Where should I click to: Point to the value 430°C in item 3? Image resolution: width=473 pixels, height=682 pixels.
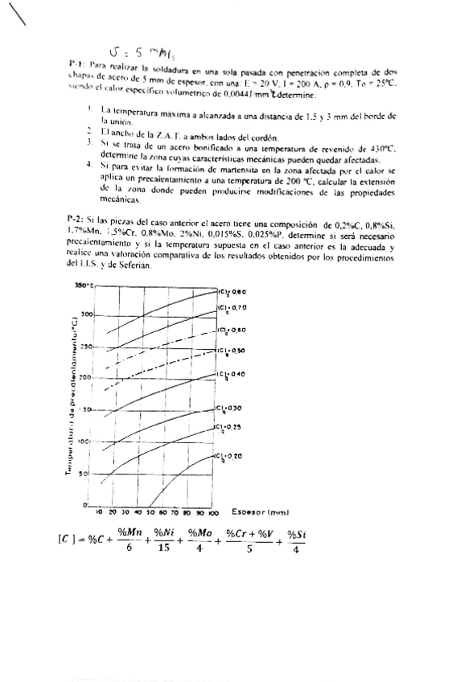click(378, 143)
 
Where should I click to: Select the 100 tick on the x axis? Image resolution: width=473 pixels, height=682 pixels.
click(213, 511)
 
